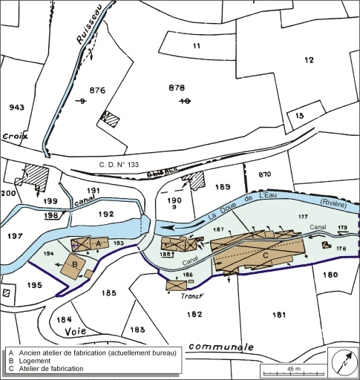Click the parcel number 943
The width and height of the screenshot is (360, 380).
point(16,107)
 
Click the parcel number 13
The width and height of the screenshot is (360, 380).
point(299,116)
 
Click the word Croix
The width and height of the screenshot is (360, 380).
point(14,137)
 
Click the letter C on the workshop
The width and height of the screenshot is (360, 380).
point(265,254)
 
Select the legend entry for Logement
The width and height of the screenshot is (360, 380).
point(34,361)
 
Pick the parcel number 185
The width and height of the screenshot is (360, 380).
point(108,292)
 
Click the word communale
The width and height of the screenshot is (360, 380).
point(220,347)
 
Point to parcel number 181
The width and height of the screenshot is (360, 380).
point(278,315)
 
